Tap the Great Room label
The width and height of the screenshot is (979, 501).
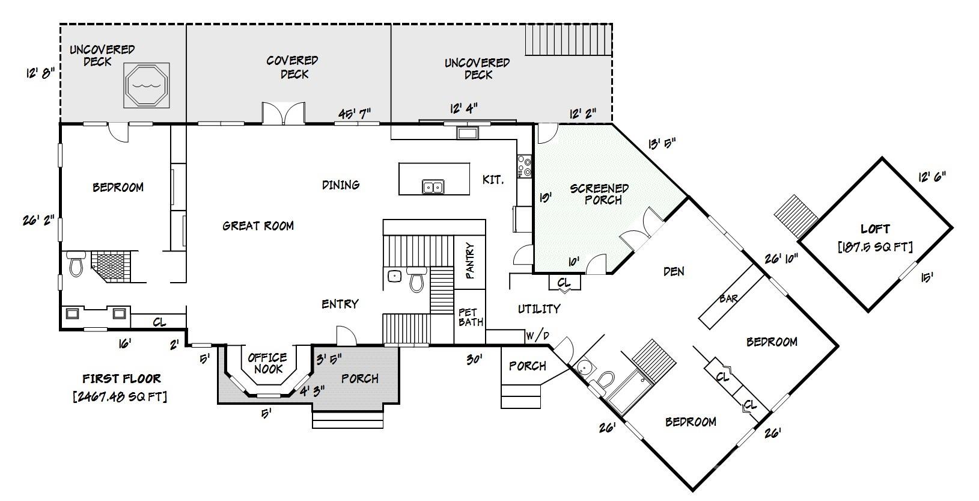[258, 226]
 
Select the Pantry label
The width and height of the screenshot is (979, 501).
[470, 260]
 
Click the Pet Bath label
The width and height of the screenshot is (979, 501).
[471, 317]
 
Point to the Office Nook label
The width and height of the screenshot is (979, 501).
[267, 363]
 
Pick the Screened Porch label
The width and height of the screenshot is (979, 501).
[599, 194]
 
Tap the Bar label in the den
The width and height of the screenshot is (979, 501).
[728, 298]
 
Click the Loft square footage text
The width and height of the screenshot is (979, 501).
[875, 247]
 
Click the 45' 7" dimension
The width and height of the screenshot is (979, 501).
[355, 113]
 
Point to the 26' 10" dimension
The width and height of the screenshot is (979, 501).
[781, 259]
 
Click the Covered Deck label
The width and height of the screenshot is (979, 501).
[293, 67]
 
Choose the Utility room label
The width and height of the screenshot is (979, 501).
[539, 309]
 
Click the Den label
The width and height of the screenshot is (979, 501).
[674, 271]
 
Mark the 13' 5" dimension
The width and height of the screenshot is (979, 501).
[662, 143]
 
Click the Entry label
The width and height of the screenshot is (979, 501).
[340, 304]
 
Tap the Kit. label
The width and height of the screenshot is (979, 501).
[493, 179]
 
